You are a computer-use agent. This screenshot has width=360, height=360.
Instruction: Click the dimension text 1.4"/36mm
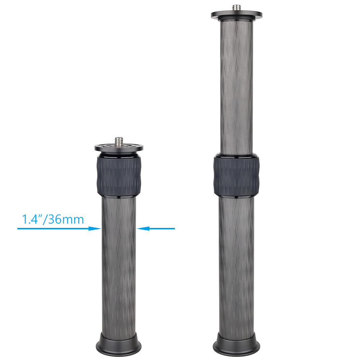pyautogui.click(x=53, y=219)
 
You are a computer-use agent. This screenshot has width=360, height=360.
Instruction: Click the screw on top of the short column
pyautogui.click(x=118, y=140)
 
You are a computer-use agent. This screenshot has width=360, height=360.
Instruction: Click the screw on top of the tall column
pyautogui.click(x=236, y=8)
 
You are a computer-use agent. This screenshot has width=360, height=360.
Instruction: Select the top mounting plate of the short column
pyautogui.click(x=119, y=147)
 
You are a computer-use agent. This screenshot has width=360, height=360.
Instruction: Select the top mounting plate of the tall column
pyautogui.click(x=236, y=15)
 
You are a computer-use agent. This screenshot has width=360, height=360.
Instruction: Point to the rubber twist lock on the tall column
pyautogui.click(x=236, y=175)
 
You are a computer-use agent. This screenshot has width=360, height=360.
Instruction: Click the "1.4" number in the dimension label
pyautogui.click(x=30, y=219)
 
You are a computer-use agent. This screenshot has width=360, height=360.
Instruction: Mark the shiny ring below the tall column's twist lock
pyautogui.click(x=236, y=197)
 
